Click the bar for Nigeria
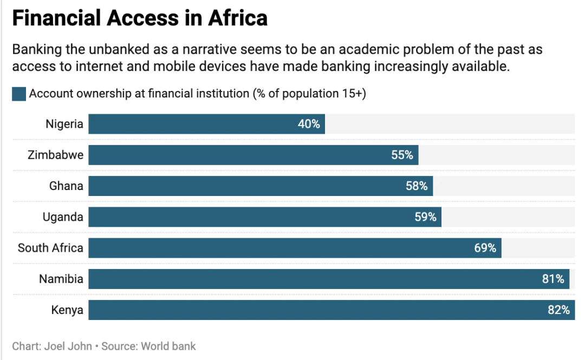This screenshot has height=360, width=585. click(x=206, y=124)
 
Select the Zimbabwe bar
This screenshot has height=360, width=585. click(x=253, y=155)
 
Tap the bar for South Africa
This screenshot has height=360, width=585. click(x=295, y=248)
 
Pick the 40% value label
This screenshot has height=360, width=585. click(x=309, y=124)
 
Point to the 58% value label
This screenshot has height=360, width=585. click(x=417, y=186)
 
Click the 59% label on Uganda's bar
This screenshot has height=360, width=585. click(x=426, y=217)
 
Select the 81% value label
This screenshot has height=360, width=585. click(x=554, y=279)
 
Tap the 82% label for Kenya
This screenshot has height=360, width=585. click(x=558, y=310)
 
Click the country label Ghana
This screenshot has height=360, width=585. click(x=66, y=186)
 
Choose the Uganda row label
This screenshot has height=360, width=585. click(x=63, y=217)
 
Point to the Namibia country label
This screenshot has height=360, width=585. click(x=61, y=279)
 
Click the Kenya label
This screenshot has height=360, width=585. click(x=67, y=310)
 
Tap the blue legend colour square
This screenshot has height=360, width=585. click(x=19, y=94)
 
